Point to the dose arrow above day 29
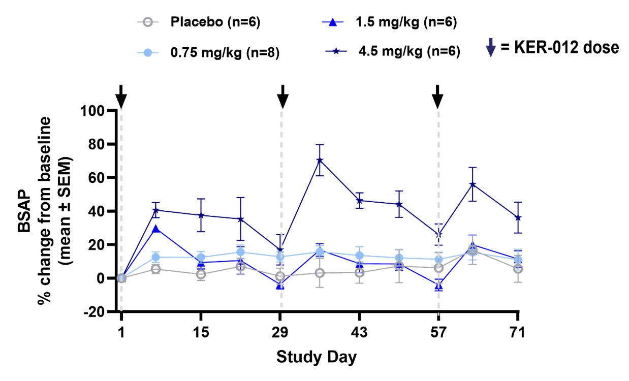pos(283,95)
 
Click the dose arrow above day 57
pos(437,95)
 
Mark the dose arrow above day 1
pos(120,95)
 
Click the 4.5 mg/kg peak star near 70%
pos(320,161)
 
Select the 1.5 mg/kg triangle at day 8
pos(156,230)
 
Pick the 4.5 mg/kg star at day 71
pos(518,217)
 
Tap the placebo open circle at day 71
pos(518,269)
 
